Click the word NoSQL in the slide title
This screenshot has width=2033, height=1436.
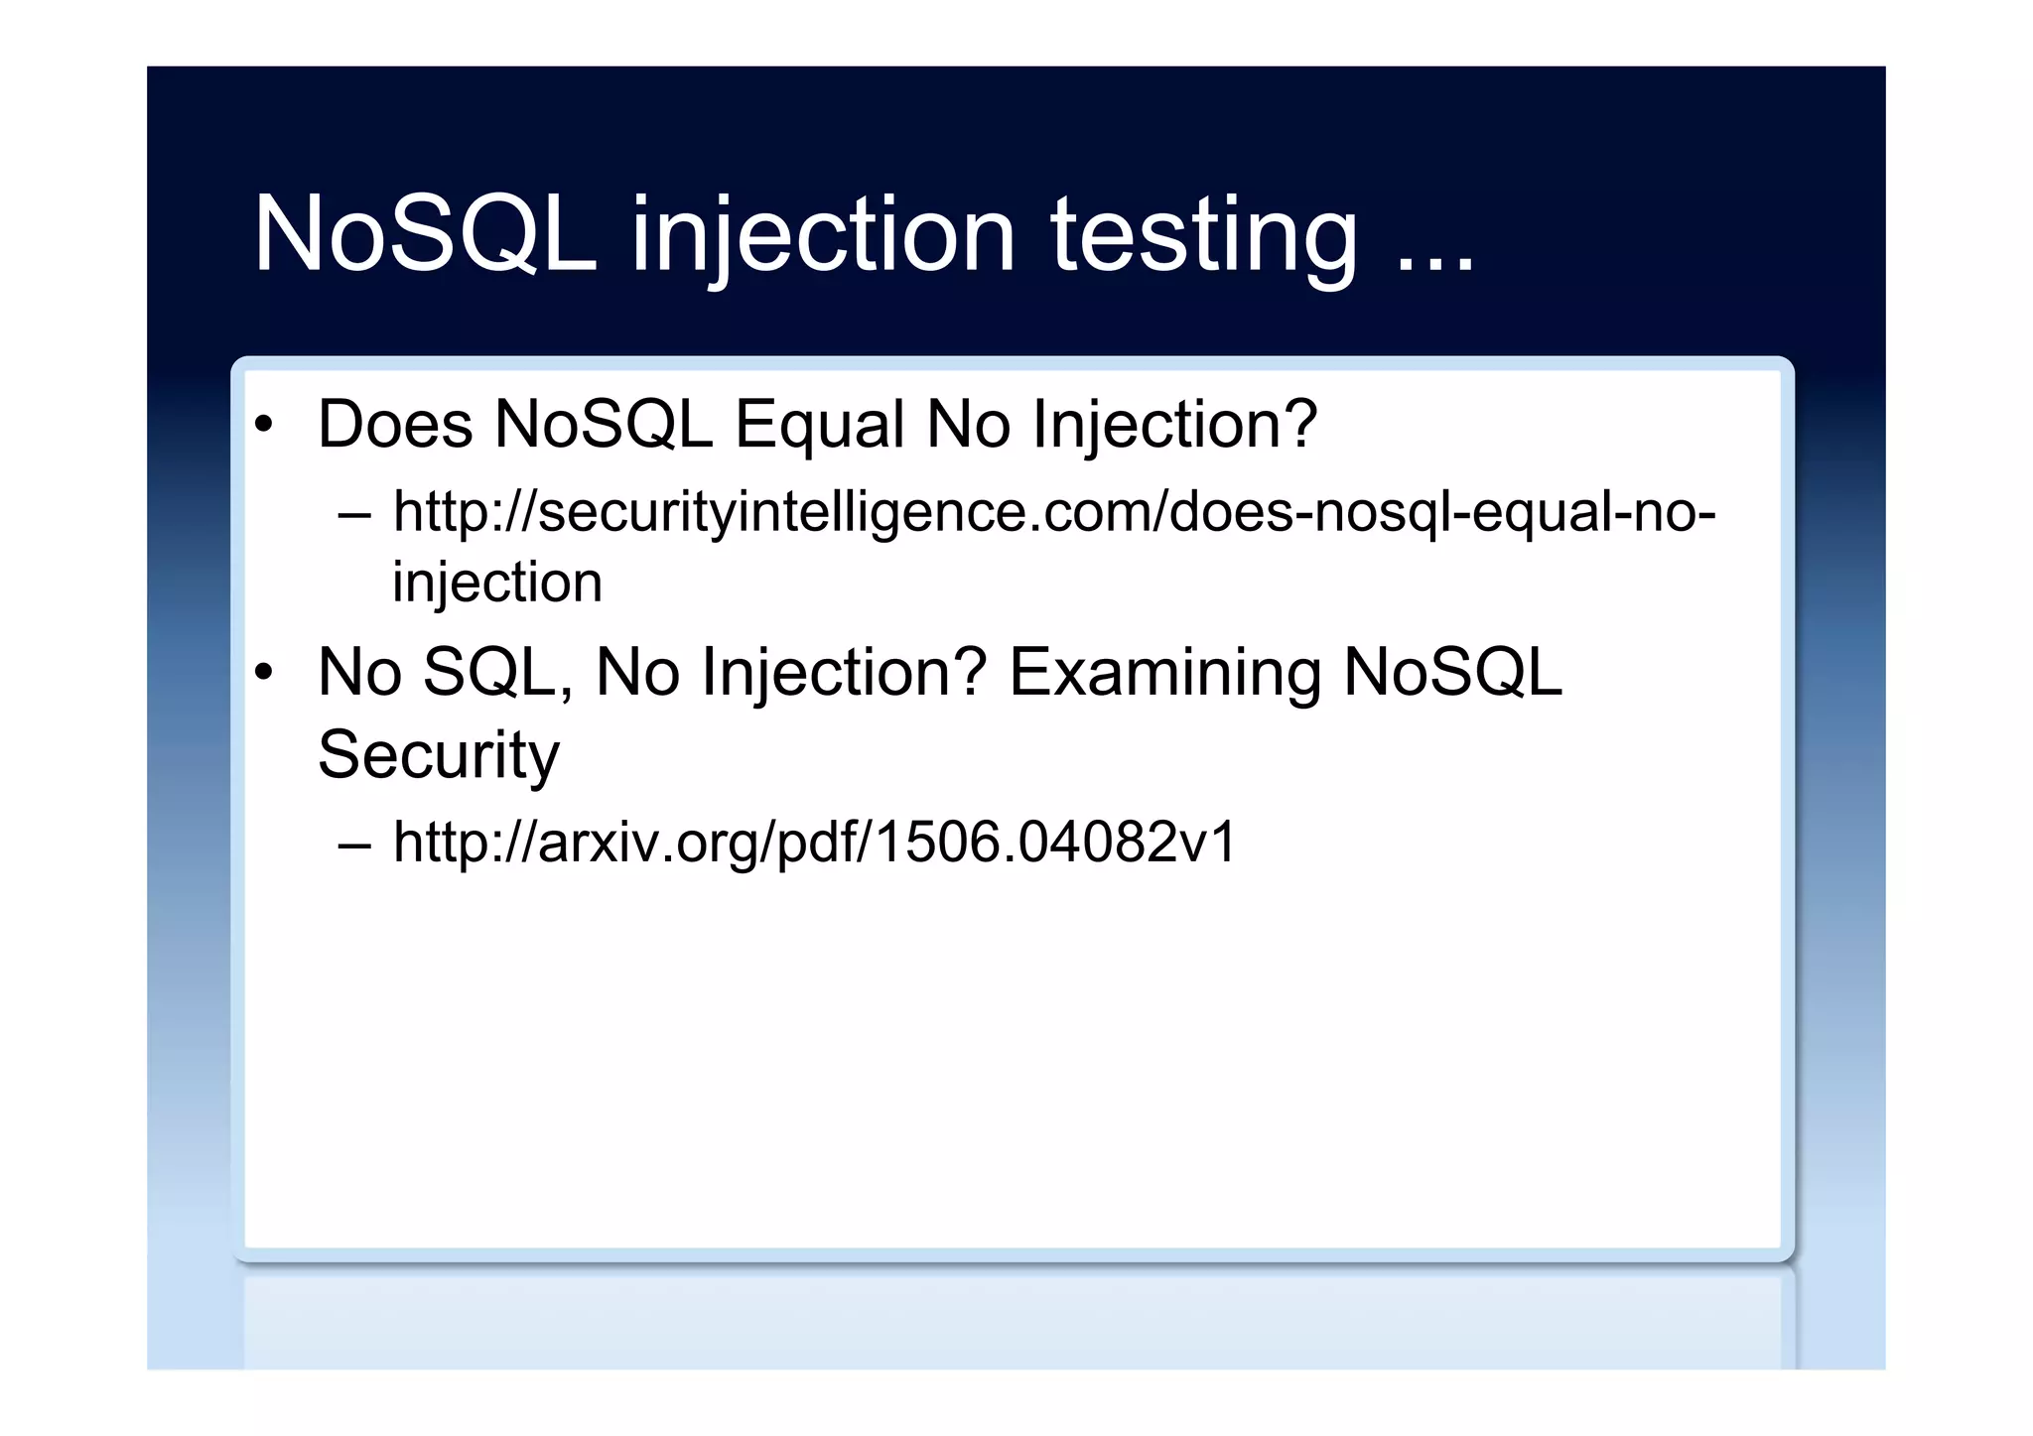425,234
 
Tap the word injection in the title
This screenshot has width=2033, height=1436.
823,234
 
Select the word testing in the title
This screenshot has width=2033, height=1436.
1203,234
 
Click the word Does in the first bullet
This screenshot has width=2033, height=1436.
395,425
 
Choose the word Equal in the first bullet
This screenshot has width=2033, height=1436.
819,425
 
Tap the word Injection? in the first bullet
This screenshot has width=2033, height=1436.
1174,425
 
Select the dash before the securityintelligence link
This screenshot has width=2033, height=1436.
354,515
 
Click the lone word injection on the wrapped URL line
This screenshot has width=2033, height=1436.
497,582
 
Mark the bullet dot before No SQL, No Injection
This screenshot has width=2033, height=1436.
263,674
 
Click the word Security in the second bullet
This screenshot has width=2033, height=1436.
439,754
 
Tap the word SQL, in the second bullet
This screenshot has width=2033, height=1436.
498,673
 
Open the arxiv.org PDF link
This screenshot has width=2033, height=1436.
815,842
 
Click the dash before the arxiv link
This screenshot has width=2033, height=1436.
354,845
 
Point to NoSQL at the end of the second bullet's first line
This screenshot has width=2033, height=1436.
1452,673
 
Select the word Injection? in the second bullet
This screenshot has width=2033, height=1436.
844,673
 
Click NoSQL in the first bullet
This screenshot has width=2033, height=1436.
604,425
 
